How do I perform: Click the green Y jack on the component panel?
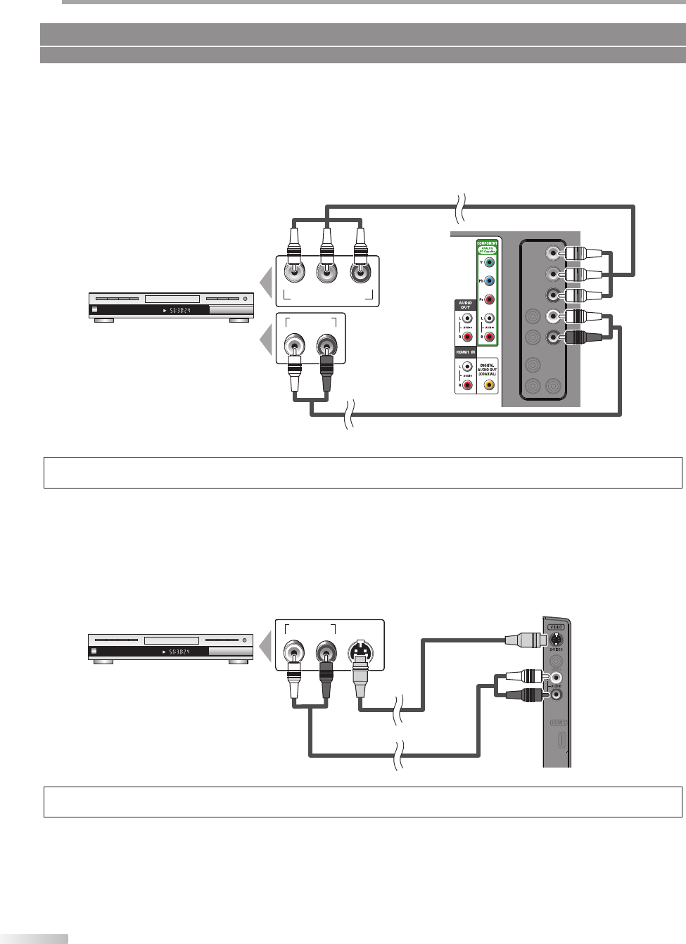pyautogui.click(x=490, y=262)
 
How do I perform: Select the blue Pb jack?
pyautogui.click(x=490, y=281)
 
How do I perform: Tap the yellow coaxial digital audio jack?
pyautogui.click(x=489, y=384)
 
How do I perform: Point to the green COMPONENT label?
pyautogui.click(x=488, y=243)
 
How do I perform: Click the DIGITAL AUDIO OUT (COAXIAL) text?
pyautogui.click(x=489, y=370)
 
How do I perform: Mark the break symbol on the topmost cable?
pyautogui.click(x=458, y=206)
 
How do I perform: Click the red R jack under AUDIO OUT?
pyautogui.click(x=466, y=338)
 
